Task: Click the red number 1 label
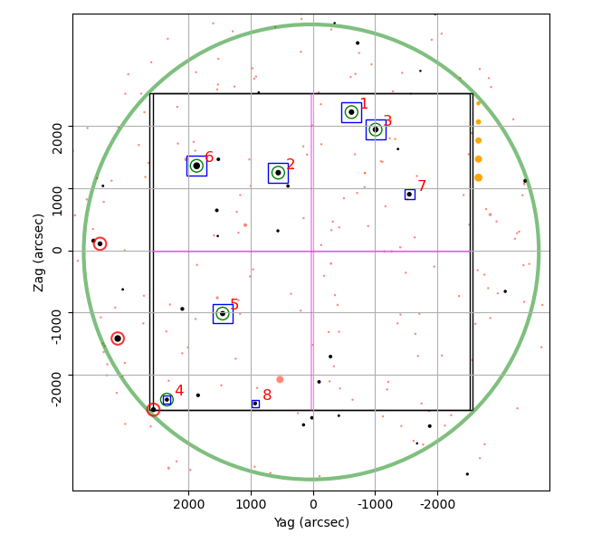click(x=364, y=103)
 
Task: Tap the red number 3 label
click(x=387, y=120)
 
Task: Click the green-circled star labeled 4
click(x=167, y=399)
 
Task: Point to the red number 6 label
click(x=209, y=157)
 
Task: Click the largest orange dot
click(x=479, y=177)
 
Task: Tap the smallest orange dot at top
click(x=479, y=103)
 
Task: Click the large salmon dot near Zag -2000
click(x=280, y=379)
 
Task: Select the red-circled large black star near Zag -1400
click(x=118, y=338)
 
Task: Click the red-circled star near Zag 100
click(x=100, y=243)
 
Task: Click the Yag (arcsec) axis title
click(x=311, y=522)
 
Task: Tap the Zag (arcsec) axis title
click(x=38, y=252)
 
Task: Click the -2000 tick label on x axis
click(x=437, y=504)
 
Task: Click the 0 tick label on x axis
click(x=313, y=504)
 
